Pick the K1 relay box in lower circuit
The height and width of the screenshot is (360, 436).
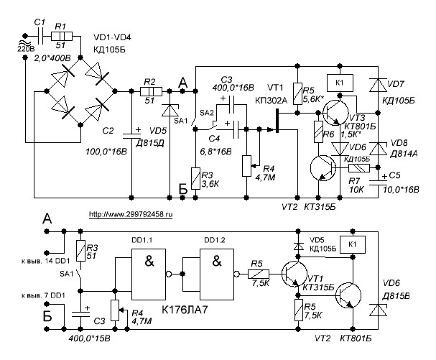pyautogui.click(x=352, y=244)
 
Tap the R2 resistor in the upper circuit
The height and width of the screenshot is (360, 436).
pyautogui.click(x=150, y=91)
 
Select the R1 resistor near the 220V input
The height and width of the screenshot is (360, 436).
pyautogui.click(x=63, y=35)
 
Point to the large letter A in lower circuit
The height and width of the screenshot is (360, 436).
pyautogui.click(x=47, y=218)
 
